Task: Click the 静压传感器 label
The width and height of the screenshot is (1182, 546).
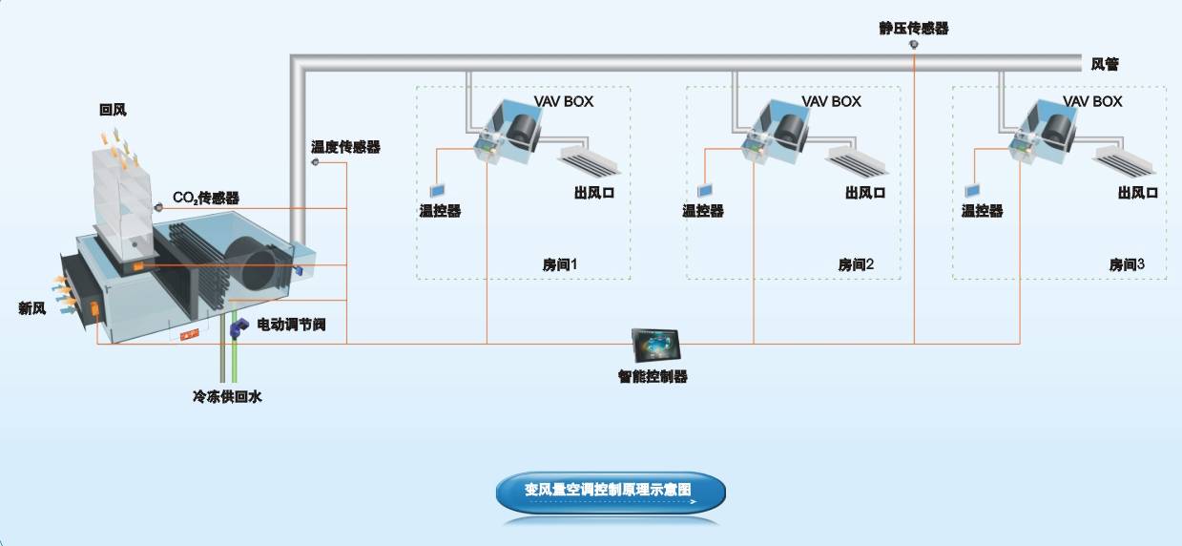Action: (x=913, y=28)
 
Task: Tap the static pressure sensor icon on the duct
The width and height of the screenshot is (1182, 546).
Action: (x=914, y=45)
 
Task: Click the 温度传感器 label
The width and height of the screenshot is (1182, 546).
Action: (x=345, y=147)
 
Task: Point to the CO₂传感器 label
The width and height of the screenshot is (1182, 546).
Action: (x=205, y=199)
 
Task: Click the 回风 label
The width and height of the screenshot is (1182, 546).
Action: (x=113, y=111)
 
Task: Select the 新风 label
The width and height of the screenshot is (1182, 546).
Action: (x=31, y=308)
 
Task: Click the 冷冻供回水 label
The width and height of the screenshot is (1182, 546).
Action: (x=227, y=397)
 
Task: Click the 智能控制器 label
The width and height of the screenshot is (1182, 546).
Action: (x=653, y=377)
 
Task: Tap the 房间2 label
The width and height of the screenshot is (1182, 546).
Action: (x=856, y=264)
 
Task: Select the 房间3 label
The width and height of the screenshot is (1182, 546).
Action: (x=1127, y=264)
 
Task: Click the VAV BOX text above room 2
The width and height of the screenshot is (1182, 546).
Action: (x=831, y=101)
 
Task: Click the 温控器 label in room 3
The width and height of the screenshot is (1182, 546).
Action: (x=982, y=211)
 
